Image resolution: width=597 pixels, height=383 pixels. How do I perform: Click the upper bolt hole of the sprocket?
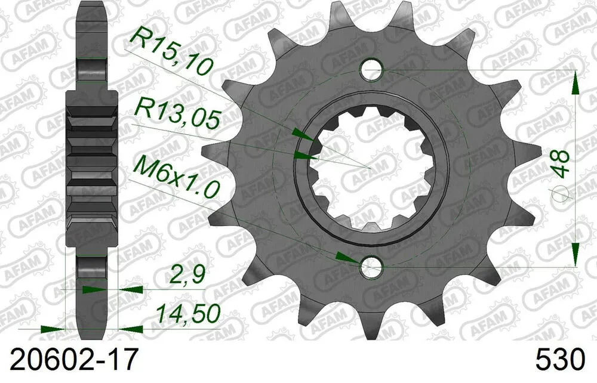pyautogui.click(x=372, y=68)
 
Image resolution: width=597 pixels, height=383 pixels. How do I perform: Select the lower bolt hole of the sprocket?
pyautogui.click(x=372, y=268)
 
